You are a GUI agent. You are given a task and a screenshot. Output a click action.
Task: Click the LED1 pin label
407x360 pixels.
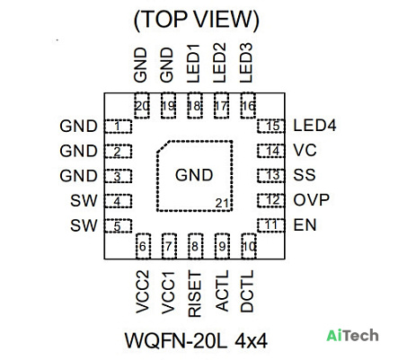pos(193,64)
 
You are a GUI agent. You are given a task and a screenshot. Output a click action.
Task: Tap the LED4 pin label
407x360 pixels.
pos(314,126)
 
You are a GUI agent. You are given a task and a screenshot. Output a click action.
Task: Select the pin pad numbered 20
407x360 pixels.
pos(142,106)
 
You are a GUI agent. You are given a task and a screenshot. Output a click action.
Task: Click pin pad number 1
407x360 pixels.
pos(118,127)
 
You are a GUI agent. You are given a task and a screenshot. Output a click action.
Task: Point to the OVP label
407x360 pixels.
pos(312,200)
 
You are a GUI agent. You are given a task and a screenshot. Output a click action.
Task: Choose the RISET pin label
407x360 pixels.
pos(195,294)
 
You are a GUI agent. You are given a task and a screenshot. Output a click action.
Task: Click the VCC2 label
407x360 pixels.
pos(142,292)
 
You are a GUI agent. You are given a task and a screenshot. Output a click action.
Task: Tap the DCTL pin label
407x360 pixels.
pos(247,291)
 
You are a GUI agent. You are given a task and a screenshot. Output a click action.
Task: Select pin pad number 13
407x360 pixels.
pos(270,175)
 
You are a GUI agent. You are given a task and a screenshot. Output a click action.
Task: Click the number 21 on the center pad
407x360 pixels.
pos(222,203)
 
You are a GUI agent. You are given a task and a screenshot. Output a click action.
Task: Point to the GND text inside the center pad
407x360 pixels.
pos(194,175)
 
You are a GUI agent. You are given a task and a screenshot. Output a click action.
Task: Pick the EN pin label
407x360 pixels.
pos(305,225)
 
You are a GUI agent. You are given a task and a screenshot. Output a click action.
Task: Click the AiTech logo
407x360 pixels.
pos(352,335)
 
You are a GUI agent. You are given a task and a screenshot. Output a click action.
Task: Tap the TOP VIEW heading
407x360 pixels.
pos(196,20)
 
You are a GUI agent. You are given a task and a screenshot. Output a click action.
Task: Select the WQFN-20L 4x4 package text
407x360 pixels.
pos(196,340)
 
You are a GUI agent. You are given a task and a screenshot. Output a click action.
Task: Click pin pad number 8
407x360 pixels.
pos(195,246)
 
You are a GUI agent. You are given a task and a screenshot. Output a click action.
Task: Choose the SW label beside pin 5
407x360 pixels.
pos(84,225)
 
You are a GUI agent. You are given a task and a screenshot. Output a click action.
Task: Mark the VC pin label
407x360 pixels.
pos(305,150)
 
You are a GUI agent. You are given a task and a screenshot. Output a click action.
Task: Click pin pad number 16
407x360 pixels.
pos(248,106)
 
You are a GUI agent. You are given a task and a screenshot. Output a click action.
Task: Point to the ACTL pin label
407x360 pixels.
pos(222,291)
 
